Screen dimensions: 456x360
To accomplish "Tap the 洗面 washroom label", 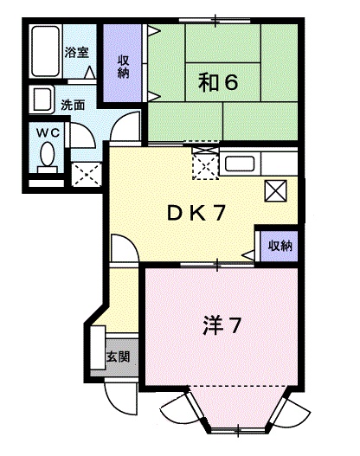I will (72, 105).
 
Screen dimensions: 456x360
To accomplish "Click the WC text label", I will (47, 132).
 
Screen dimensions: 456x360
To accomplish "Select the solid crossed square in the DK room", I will (276, 189).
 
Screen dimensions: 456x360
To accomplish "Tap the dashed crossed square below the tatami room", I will (206, 164).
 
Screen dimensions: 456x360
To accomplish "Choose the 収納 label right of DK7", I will (279, 245).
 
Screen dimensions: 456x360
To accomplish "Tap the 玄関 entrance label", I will (119, 356).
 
